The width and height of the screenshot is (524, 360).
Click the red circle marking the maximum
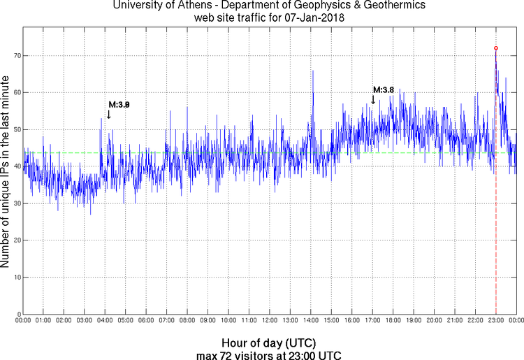click(496, 48)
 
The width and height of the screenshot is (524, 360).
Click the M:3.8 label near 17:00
click(384, 90)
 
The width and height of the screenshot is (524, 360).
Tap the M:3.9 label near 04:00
click(119, 105)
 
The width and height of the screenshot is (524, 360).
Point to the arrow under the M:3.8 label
click(373, 100)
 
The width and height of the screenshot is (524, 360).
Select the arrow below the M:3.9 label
click(108, 115)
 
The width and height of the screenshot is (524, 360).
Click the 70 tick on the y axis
click(15, 55)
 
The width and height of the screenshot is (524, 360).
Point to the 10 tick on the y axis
click(15, 278)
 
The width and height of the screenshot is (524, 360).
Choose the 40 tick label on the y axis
click(15, 166)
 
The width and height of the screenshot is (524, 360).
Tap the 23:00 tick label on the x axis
click(495, 320)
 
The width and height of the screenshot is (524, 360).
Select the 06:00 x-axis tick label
click(146, 320)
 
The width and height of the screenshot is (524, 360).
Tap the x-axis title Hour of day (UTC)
click(269, 343)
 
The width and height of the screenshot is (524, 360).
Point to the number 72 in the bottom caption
click(239, 354)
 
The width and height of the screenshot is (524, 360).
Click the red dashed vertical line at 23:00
click(496, 245)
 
